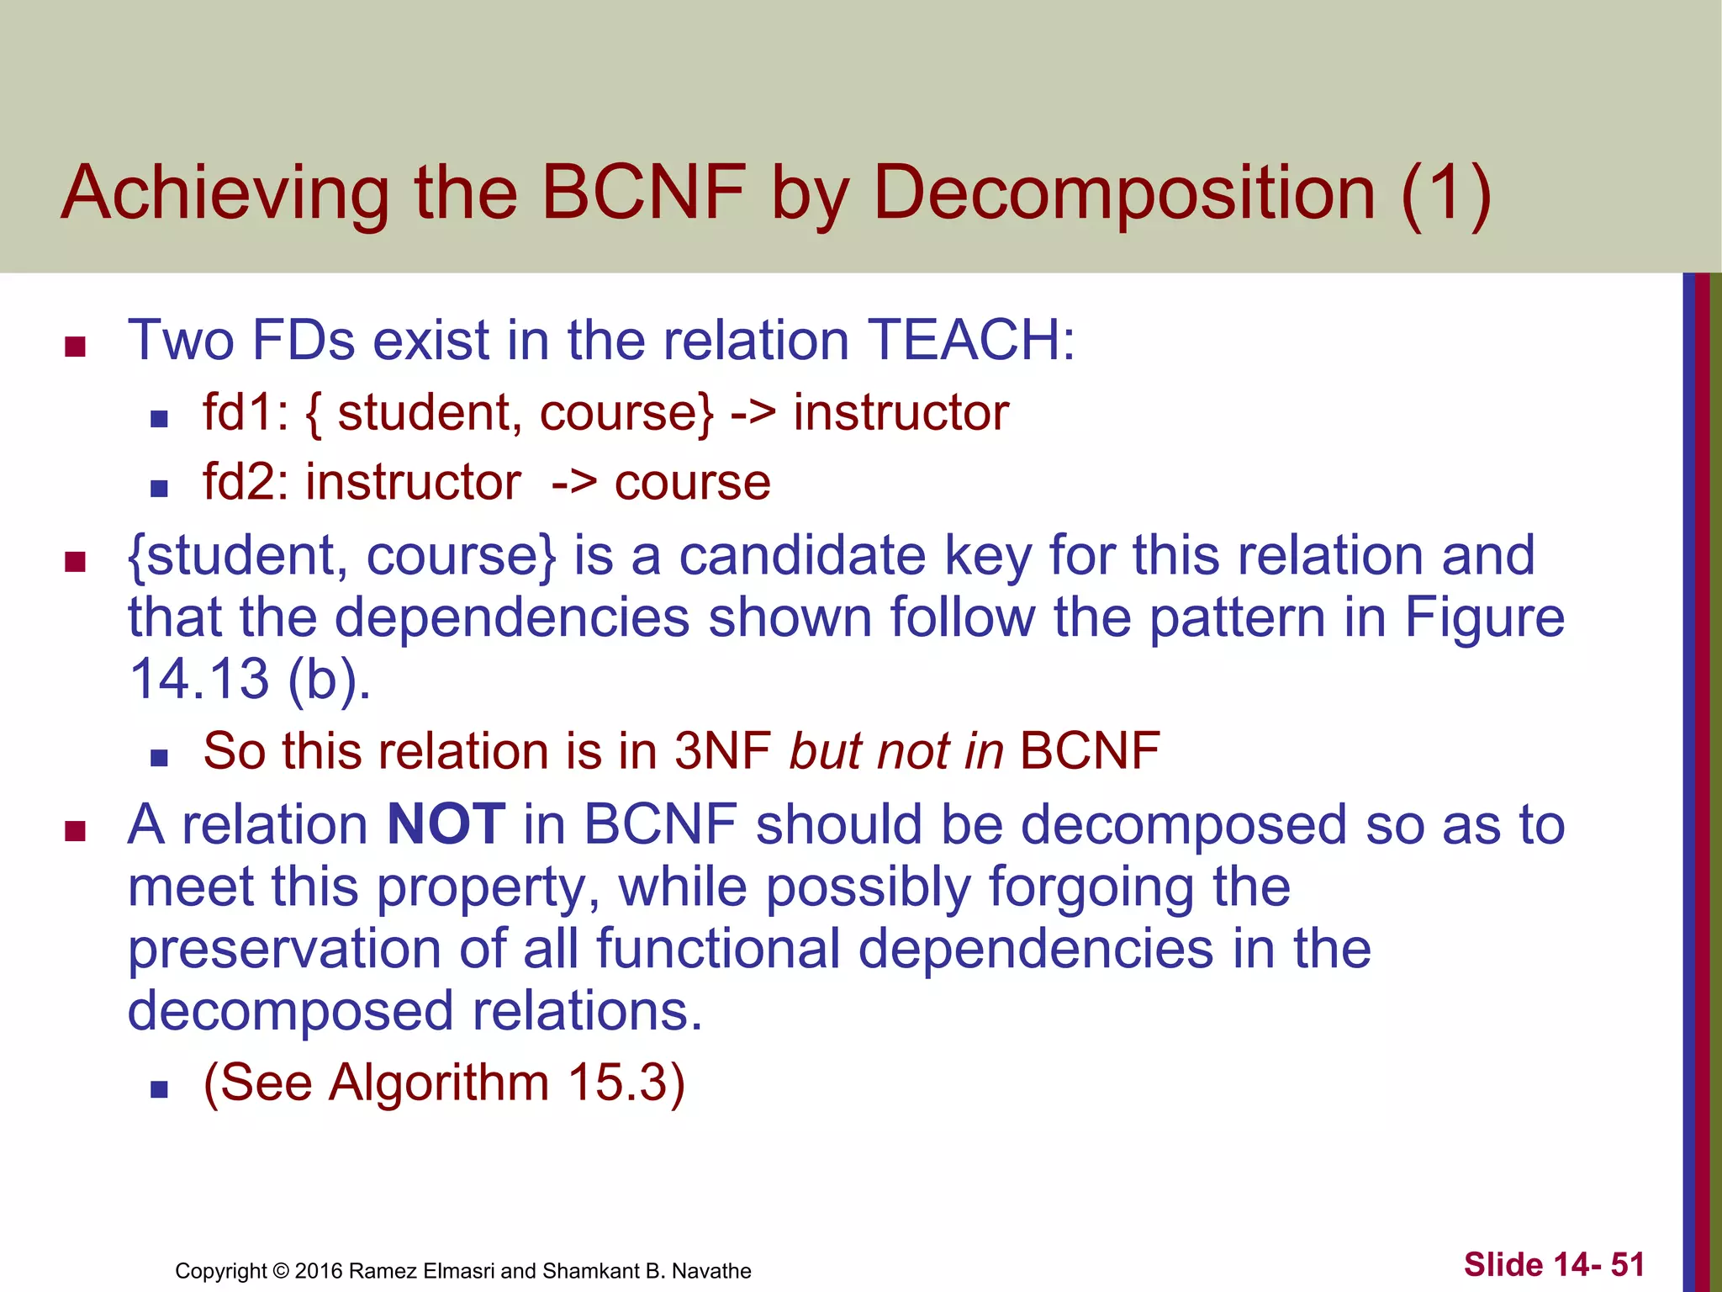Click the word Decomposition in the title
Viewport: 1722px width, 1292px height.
click(1125, 194)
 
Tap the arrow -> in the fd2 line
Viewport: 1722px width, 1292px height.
click(574, 483)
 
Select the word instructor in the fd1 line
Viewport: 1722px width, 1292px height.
click(901, 413)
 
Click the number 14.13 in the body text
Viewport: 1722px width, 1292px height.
click(199, 679)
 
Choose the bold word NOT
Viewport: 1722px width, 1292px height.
click(446, 824)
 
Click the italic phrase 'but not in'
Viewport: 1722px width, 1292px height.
click(896, 751)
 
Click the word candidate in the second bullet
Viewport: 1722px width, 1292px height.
click(801, 556)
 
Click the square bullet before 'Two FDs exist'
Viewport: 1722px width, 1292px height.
click(76, 347)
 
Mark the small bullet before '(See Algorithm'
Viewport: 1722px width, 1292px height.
click(159, 1090)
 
